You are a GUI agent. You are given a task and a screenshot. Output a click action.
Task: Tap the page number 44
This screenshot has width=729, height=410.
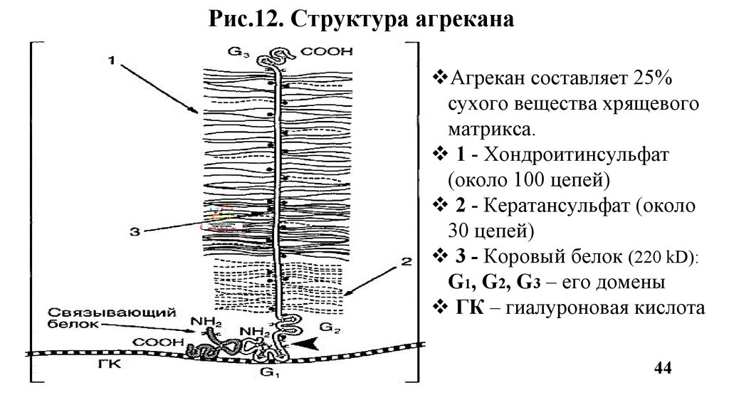662,368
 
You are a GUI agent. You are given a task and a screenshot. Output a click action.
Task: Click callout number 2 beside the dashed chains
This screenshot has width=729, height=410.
405,262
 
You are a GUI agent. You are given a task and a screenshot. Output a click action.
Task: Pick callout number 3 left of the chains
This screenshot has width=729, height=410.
135,229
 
